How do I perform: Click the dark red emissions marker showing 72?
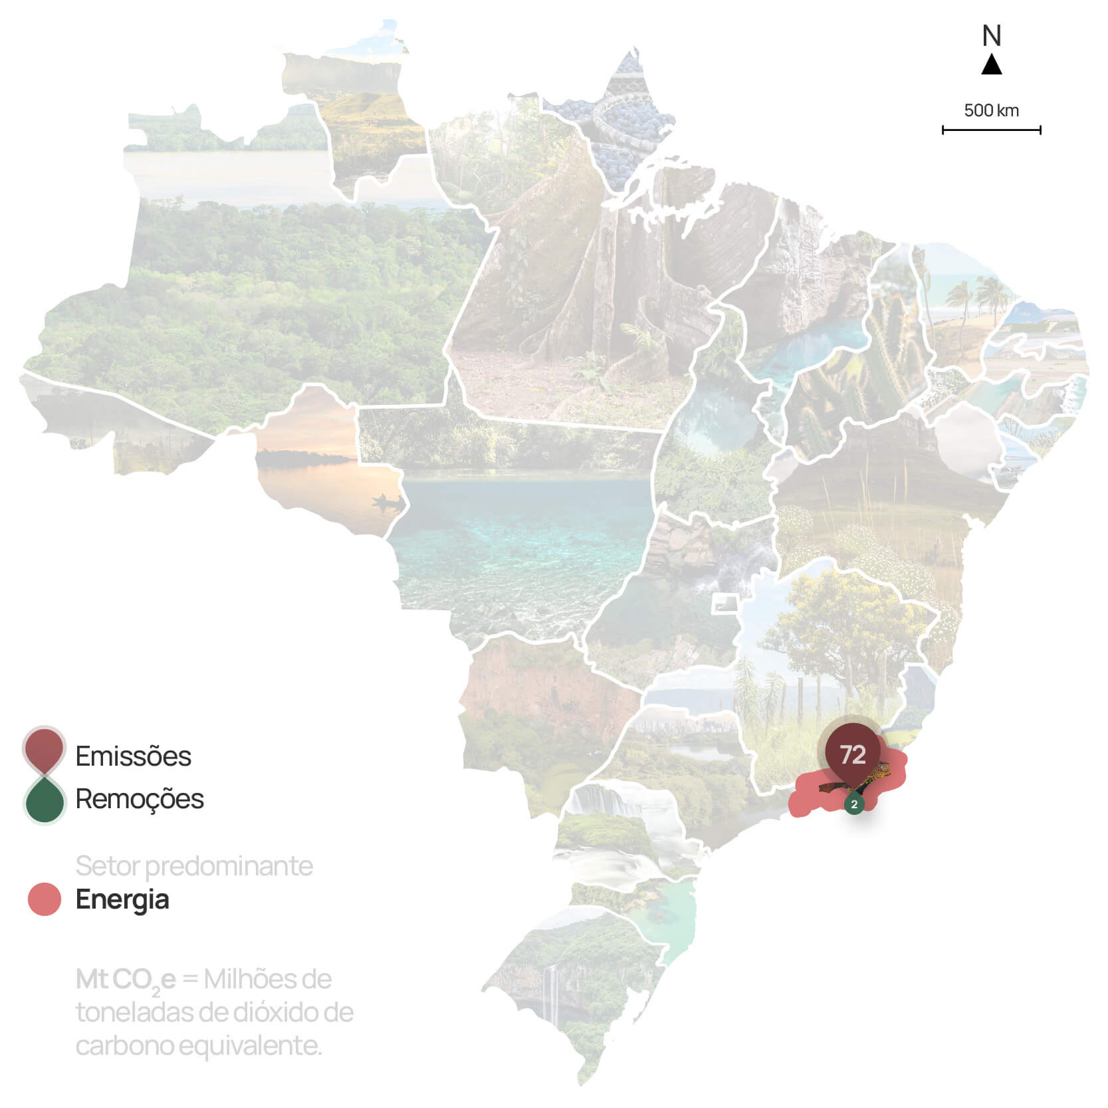pos(853,754)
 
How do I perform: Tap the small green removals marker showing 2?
pos(854,804)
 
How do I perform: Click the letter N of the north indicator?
pos(992,36)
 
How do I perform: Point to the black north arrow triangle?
pos(992,65)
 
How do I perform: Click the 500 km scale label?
pos(991,110)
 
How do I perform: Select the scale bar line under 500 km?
pos(991,130)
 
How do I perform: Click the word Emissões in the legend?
pos(133,756)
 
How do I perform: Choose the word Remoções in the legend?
pos(140,799)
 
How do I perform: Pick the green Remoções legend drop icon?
pos(44,800)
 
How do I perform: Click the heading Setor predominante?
pos(194,866)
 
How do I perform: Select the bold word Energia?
pos(122,899)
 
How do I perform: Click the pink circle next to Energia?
pos(45,899)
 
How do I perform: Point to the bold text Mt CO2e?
pos(126,980)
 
